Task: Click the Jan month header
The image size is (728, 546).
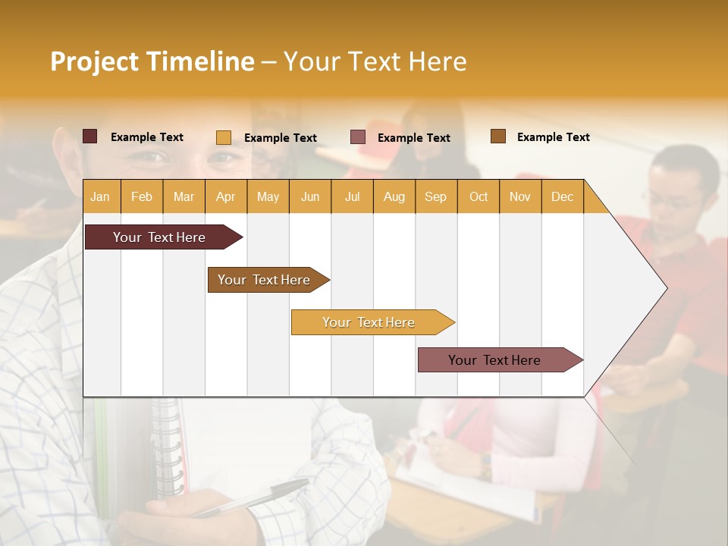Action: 101,196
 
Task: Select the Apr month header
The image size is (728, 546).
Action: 226,196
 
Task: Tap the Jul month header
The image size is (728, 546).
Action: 352,196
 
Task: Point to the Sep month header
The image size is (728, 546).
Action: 435,196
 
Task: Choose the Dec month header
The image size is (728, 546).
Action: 562,196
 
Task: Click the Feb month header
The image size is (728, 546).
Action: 142,196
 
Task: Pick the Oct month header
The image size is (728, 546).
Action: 479,196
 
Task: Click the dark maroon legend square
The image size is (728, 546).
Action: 89,136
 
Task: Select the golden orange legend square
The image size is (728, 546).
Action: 224,137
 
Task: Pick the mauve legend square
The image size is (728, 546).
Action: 358,137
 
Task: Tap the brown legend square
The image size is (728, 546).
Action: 498,136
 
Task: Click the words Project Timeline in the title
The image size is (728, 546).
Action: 152,61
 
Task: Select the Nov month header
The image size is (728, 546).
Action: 520,196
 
